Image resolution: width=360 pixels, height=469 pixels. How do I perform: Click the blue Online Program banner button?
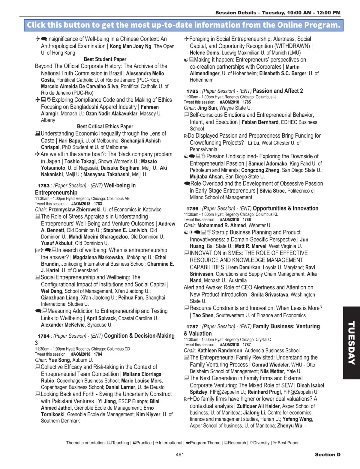[184, 25]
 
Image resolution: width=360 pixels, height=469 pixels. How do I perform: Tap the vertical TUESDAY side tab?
[351, 343]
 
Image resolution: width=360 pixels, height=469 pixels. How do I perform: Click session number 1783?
[43, 186]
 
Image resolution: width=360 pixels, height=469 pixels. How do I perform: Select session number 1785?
[192, 91]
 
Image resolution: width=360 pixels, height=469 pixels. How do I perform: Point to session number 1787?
[192, 327]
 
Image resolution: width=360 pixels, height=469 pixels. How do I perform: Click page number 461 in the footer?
[180, 455]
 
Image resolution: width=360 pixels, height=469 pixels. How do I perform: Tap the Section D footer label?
[328, 455]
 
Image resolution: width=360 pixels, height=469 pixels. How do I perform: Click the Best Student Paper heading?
[105, 59]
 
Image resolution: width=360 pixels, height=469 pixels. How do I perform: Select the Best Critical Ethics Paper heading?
[105, 127]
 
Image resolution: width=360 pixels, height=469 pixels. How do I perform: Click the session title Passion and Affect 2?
[278, 91]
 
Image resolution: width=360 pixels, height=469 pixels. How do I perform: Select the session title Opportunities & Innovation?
[285, 208]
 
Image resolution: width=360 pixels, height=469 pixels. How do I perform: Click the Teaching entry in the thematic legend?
[118, 443]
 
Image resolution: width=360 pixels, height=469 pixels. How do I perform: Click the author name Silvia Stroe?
[272, 191]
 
